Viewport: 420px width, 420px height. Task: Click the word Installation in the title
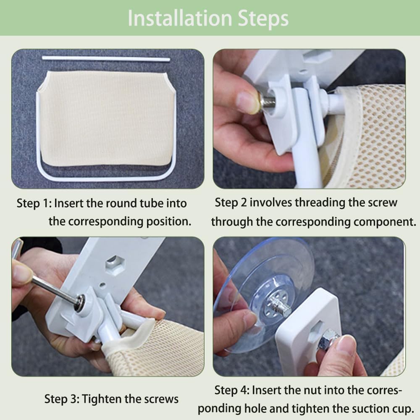[180, 18]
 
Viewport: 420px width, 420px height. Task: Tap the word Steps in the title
[263, 19]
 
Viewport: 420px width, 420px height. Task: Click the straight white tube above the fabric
[106, 58]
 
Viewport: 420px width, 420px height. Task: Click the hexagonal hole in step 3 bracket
[115, 264]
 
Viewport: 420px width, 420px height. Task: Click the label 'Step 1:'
[34, 203]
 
